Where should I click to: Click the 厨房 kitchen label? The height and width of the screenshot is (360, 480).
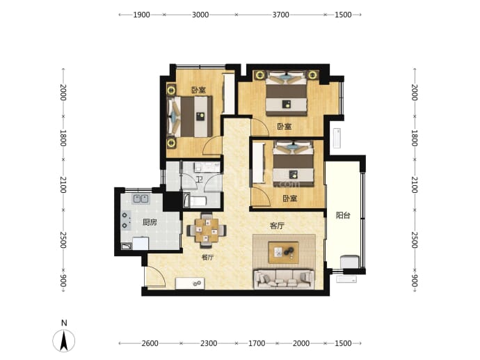point(150,222)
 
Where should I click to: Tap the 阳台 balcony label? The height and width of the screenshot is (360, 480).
point(343,215)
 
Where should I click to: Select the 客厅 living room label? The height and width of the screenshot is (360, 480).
point(277,226)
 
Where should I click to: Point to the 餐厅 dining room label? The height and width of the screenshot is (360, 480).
point(207,257)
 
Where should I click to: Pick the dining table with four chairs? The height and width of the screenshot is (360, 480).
point(207,230)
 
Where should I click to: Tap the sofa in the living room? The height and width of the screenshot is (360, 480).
point(283,279)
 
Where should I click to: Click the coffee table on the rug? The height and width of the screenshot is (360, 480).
point(283,252)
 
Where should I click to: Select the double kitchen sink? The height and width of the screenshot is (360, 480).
point(141,199)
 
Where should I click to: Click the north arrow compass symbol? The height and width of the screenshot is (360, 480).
point(64,341)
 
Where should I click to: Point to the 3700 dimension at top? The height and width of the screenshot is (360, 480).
point(281,15)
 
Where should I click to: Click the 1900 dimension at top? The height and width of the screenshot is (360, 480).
point(141,15)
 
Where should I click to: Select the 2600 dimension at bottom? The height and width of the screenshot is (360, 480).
point(150,343)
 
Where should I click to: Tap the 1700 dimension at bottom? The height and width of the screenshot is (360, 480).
point(257,343)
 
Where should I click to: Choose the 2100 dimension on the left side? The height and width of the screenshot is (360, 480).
point(63,185)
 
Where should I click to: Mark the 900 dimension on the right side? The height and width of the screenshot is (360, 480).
point(414,281)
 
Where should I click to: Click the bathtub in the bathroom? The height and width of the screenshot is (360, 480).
point(195,201)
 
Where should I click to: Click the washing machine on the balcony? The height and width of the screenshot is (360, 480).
point(350,262)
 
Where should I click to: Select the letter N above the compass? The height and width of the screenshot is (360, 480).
point(64,322)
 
